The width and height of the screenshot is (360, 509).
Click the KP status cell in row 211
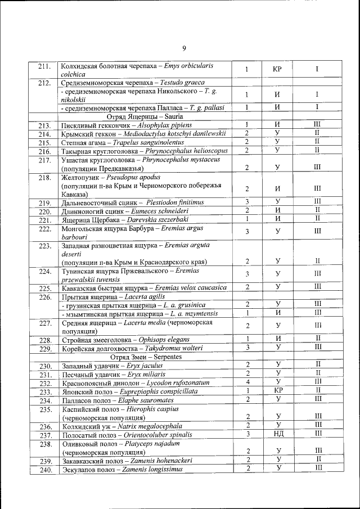click(277, 70)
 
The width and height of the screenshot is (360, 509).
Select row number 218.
click(44, 177)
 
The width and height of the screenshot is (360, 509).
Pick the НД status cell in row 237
click(277, 435)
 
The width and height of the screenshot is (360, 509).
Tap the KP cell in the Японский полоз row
click(277, 391)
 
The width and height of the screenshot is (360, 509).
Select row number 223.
click(44, 245)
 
